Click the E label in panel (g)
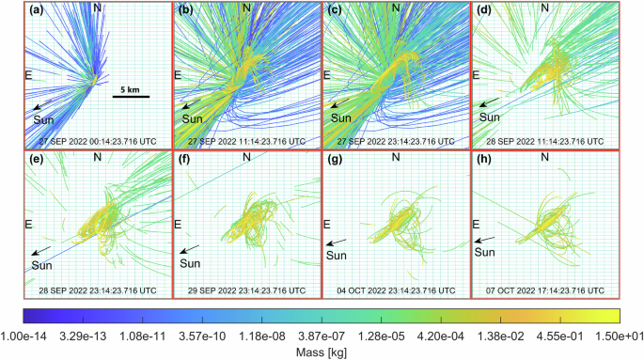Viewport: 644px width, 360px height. coord(327,224)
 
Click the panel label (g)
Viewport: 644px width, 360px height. coord(335,160)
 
